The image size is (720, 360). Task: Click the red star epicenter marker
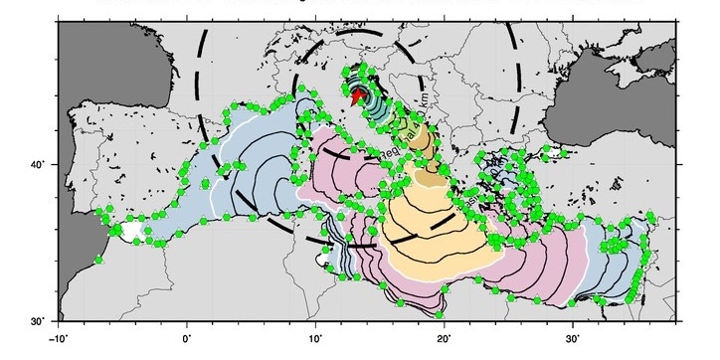pos(359,95)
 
